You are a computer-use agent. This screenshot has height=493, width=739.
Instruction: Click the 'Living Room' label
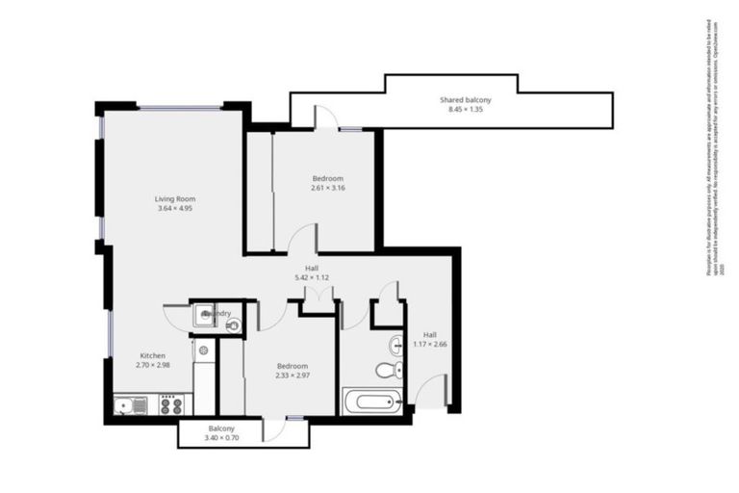tap(174, 198)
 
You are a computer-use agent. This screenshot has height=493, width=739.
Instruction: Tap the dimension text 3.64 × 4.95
tap(174, 208)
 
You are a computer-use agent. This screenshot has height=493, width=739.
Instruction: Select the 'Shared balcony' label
tap(466, 100)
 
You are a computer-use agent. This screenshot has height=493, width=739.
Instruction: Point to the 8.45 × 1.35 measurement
tap(466, 110)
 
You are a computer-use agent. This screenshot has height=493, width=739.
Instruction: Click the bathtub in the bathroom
tap(371, 401)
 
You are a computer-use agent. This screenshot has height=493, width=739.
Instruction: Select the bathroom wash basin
tap(395, 346)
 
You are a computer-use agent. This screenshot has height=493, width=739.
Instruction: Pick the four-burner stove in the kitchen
tap(171, 405)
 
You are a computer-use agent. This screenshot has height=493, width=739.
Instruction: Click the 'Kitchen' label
tap(154, 355)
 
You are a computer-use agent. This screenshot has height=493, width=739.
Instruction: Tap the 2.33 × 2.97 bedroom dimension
tap(292, 376)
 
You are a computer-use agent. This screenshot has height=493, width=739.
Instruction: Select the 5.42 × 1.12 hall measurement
tap(312, 277)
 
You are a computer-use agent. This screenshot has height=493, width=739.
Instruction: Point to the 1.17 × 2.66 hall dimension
tap(429, 344)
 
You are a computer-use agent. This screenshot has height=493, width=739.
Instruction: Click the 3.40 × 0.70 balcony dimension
tap(221, 438)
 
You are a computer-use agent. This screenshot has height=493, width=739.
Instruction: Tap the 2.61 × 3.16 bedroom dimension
tap(327, 188)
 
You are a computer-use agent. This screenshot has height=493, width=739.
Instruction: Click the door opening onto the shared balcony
tap(326, 117)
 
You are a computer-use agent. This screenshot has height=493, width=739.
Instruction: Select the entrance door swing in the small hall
tap(432, 389)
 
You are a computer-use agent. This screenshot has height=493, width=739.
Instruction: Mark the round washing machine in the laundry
tap(232, 325)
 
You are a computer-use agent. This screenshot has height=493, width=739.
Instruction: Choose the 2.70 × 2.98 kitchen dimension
tap(154, 365)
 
